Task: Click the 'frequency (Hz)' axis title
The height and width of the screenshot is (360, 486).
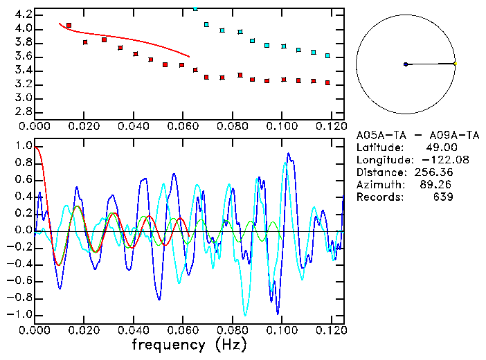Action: pos(189,344)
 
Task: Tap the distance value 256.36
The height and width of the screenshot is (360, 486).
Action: pos(434,172)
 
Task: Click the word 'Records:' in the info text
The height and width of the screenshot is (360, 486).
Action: pos(380,197)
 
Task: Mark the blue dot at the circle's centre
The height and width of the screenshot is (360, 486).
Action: pos(406,64)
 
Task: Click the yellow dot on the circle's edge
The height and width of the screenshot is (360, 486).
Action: pos(455,64)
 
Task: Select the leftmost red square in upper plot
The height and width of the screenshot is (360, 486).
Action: pos(69,25)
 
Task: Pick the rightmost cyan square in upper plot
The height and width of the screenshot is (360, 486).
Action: pos(327,55)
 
